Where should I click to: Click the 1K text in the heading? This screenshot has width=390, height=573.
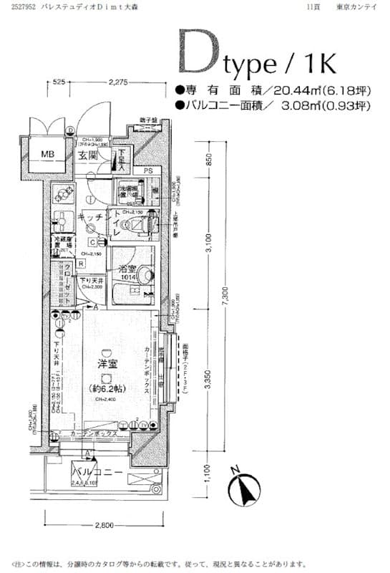[x=316, y=63]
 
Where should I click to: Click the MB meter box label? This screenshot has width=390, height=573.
[x=47, y=154]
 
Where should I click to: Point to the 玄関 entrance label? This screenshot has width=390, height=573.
[x=88, y=155]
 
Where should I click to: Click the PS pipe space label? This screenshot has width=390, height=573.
[x=148, y=171]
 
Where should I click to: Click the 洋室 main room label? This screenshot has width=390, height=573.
[x=107, y=363]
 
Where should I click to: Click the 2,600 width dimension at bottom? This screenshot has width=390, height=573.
[x=103, y=526]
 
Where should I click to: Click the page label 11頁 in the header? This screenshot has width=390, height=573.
[x=313, y=6]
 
